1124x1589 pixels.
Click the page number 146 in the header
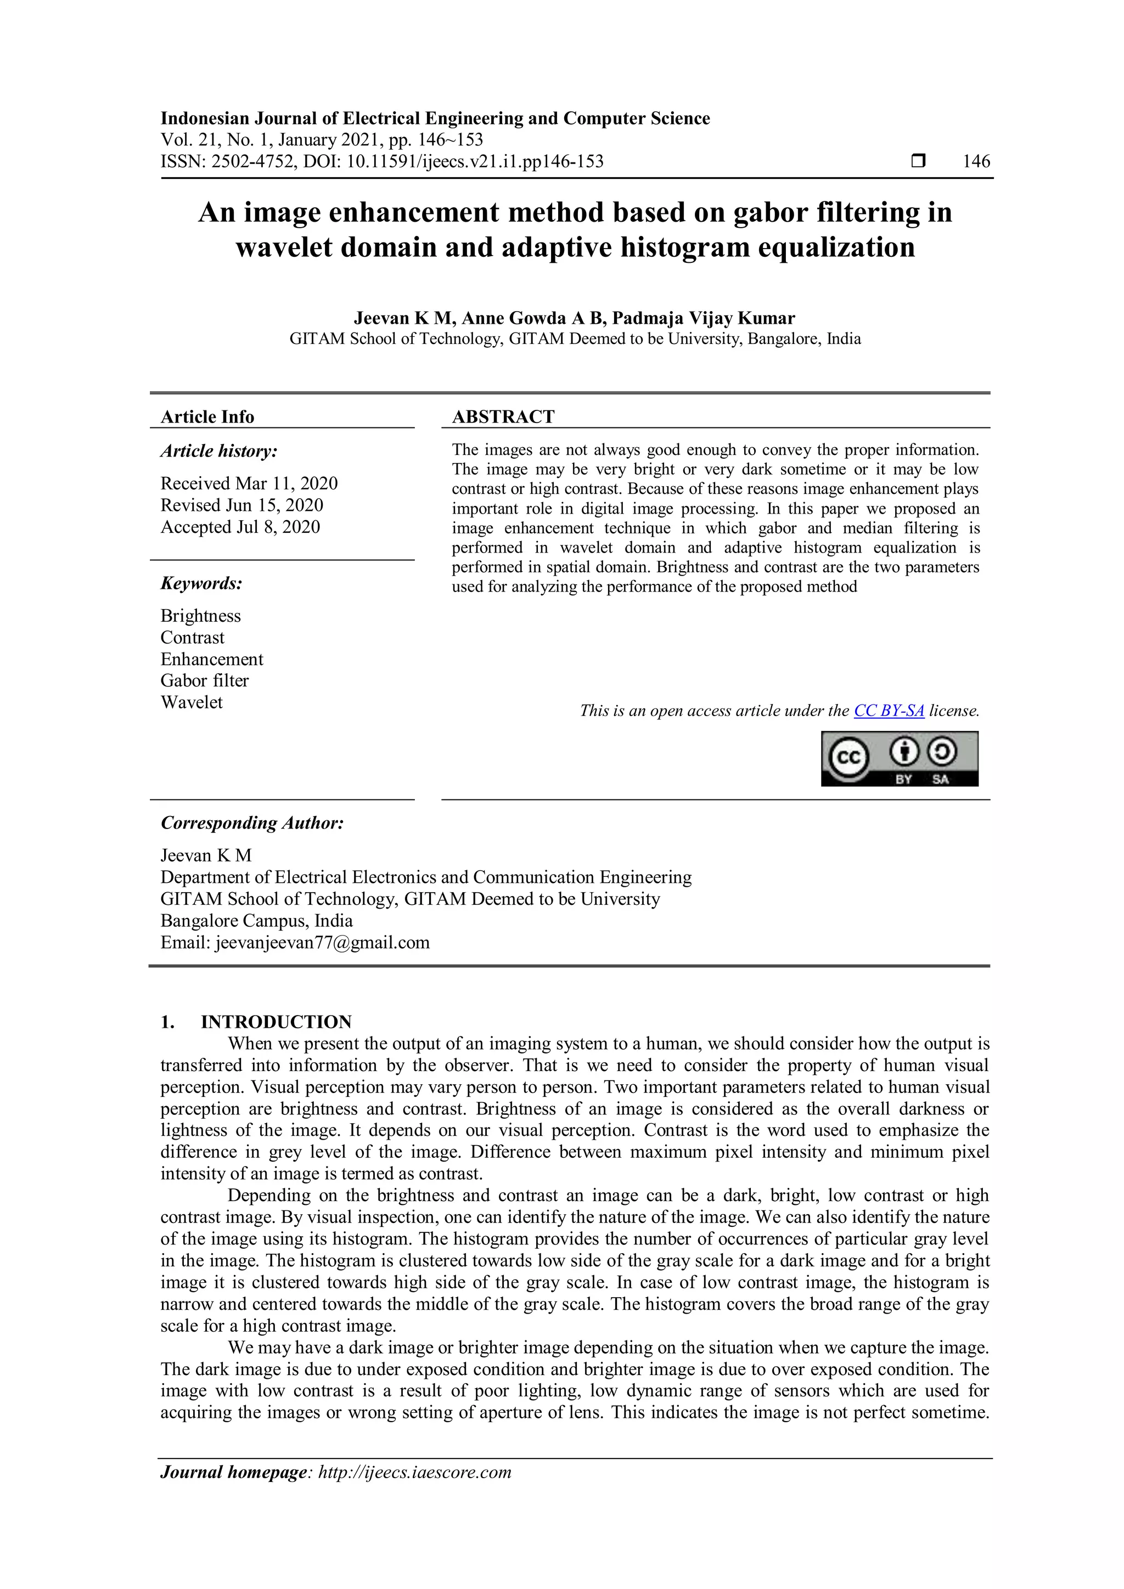coord(976,161)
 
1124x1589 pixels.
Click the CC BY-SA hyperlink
coord(889,711)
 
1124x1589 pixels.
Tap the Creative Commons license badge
coord(899,759)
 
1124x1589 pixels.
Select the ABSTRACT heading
coord(503,416)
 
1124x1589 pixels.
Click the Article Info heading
coord(207,416)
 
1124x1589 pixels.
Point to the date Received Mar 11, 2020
coord(249,483)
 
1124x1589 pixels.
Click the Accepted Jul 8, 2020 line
coord(240,527)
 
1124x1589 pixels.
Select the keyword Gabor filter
coord(204,680)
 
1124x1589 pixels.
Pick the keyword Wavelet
coord(192,702)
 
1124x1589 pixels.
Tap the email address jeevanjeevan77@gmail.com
coord(323,942)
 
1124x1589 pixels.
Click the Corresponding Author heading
coord(252,823)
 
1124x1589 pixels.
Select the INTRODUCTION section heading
coord(276,1022)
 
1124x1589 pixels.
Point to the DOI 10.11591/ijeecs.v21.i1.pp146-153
coord(475,161)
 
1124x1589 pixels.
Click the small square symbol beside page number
coord(918,161)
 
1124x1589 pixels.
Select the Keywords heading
coord(201,583)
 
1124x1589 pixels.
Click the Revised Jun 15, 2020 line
coord(241,505)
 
